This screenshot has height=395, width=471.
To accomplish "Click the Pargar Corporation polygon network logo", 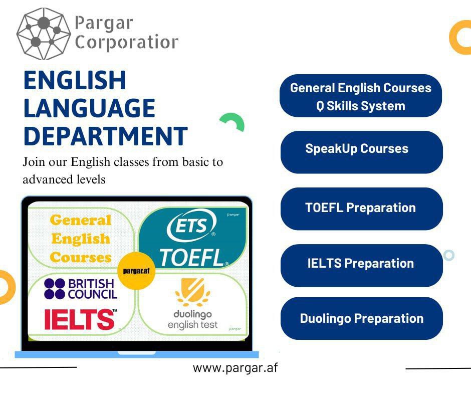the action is [x=44, y=34].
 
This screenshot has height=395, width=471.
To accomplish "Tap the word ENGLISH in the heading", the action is [x=75, y=80].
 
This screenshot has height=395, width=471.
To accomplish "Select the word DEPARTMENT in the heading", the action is [x=105, y=136].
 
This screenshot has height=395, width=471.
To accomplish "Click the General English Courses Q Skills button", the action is [x=361, y=96].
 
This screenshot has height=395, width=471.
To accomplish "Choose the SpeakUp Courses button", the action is [x=362, y=152].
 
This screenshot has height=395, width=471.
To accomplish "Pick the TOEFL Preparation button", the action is [x=362, y=209].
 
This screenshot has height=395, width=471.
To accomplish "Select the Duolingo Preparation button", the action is [x=362, y=319].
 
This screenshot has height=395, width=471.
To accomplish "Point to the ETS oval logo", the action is [x=191, y=226].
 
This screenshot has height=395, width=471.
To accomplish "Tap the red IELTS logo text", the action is [x=80, y=319].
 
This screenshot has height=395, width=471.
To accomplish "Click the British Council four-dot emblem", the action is [x=55, y=289].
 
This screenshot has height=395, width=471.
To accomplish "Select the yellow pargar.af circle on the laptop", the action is [x=136, y=271].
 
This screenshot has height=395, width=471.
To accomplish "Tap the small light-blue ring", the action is [x=449, y=255].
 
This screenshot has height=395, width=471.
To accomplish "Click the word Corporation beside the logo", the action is [x=126, y=43].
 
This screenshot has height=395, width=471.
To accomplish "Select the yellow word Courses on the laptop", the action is [x=81, y=257].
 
